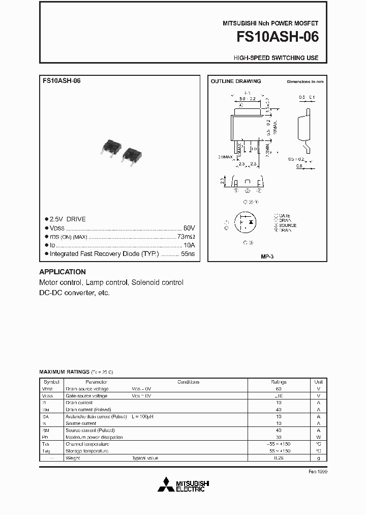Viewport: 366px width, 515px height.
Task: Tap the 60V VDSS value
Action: tap(189, 228)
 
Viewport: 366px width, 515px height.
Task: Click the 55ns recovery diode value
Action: tap(189, 253)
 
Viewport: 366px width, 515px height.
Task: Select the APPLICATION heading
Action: tap(63, 272)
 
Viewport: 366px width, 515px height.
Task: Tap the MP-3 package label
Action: tap(267, 257)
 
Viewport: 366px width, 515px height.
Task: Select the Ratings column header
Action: tap(279, 382)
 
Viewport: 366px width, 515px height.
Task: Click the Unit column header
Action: tap(319, 382)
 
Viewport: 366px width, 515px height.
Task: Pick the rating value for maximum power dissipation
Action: tap(279, 437)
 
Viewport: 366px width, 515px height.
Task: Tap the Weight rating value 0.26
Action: tap(279, 458)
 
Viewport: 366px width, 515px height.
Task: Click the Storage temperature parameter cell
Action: tap(87, 451)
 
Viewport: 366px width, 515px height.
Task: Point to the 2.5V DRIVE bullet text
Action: tap(68, 219)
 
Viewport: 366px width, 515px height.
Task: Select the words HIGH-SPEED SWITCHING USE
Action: tap(276, 58)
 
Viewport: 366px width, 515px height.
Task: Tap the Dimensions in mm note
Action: tap(305, 82)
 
